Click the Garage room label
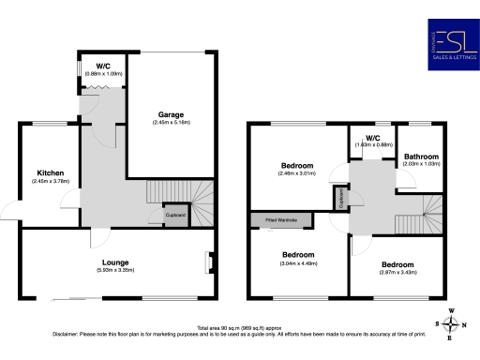tap(171, 114)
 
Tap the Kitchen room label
tap(50, 173)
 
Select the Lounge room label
tap(115, 262)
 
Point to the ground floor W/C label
tap(91, 66)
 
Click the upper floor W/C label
tap(373, 138)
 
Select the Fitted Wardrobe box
tap(280, 221)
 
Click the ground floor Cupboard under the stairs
tap(175, 215)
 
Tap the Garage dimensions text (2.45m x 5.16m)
tap(171, 123)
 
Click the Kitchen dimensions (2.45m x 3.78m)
tap(50, 182)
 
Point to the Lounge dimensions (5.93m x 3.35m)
tap(115, 270)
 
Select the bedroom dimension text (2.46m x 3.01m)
tap(295, 173)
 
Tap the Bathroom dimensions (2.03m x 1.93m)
tap(421, 164)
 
